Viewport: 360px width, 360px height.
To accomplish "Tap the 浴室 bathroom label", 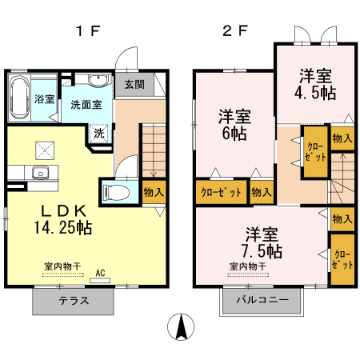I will coord(44,99).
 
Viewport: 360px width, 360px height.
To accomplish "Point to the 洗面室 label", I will coord(85,104).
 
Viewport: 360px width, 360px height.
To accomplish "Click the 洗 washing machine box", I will coord(100,134).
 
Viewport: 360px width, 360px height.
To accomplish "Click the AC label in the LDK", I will coord(101,272).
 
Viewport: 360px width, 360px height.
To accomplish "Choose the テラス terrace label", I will coord(74,301).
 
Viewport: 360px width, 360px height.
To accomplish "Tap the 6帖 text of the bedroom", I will coord(235,134).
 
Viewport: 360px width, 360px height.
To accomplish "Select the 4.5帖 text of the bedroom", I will coord(316,92).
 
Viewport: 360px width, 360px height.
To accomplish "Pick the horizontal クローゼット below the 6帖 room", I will coord(219,192).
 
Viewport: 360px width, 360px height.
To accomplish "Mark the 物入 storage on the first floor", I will coord(154,192).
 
